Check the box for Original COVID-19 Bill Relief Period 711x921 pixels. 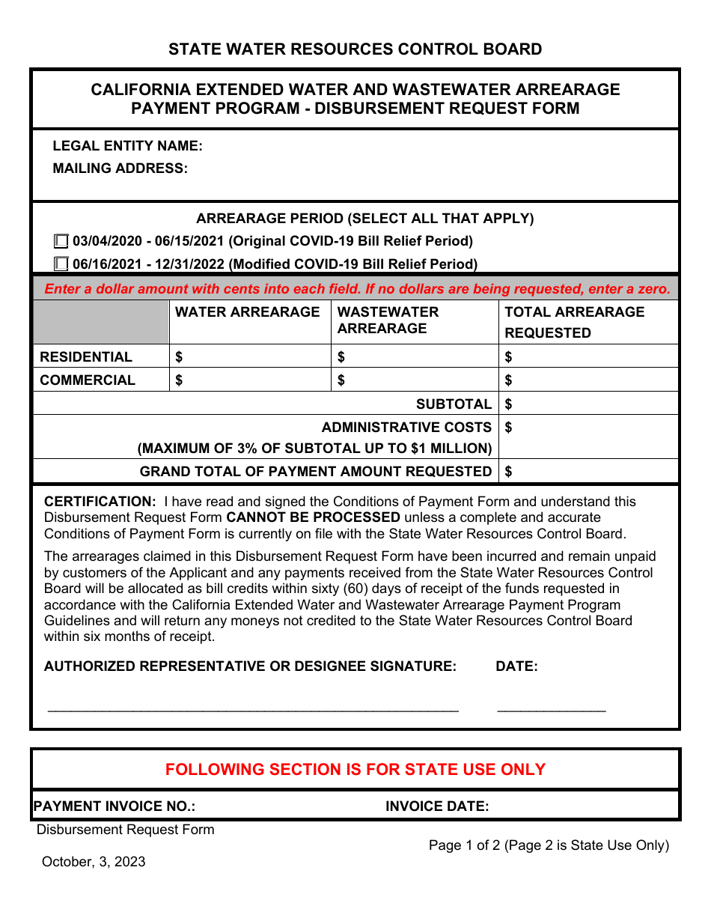click(x=61, y=241)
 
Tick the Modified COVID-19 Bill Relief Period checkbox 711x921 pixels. click(x=61, y=264)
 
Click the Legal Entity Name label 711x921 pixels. click(x=127, y=146)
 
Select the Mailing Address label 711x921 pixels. click(x=120, y=168)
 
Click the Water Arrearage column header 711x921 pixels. click(x=247, y=312)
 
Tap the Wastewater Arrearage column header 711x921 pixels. click(x=388, y=320)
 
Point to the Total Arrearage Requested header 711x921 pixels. click(x=574, y=322)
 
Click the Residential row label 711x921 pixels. click(x=86, y=357)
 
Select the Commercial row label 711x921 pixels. click(x=88, y=380)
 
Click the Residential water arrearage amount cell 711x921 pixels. click(x=251, y=357)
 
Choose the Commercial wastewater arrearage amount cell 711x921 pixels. click(x=415, y=380)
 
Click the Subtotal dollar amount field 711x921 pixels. click(x=589, y=404)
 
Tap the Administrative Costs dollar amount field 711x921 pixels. click(x=589, y=437)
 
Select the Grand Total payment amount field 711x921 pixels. click(x=589, y=472)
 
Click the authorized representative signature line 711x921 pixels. click(x=253, y=705)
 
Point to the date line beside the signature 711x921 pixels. click(x=552, y=705)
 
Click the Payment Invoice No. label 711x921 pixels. click(x=115, y=806)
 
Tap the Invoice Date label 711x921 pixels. click(x=437, y=806)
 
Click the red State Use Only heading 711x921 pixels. click(x=355, y=770)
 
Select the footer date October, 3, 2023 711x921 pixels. click(x=94, y=862)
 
